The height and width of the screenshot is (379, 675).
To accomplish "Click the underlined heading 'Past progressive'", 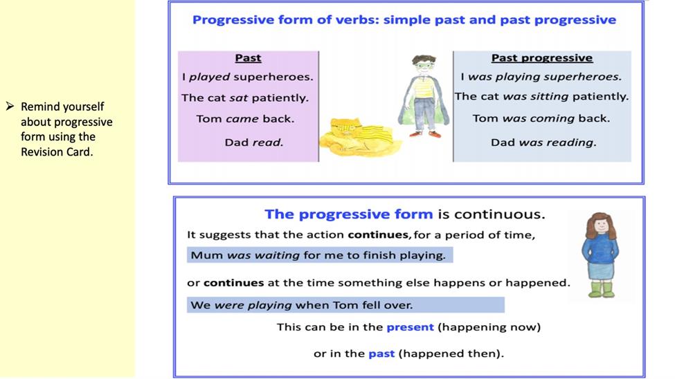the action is click(x=542, y=57).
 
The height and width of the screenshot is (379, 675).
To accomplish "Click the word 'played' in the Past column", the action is click(x=209, y=77).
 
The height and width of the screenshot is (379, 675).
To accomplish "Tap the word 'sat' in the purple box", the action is click(x=238, y=98).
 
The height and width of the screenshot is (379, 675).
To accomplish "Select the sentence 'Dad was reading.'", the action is click(x=543, y=142).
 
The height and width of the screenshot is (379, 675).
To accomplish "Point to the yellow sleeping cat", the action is click(x=358, y=137).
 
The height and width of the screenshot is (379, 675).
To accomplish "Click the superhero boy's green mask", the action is click(x=424, y=66).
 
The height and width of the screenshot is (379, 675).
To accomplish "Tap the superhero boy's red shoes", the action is click(x=425, y=134).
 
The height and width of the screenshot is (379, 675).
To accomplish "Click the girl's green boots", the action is click(x=602, y=289).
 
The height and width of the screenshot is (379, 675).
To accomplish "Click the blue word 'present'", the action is click(x=410, y=327).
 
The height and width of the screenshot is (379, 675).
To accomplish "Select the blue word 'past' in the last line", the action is click(x=381, y=353).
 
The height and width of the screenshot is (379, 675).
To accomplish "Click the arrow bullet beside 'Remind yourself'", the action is click(x=10, y=106).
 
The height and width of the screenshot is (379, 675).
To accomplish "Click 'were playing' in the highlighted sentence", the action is click(x=253, y=305).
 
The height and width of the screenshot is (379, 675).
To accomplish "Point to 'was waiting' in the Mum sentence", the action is click(x=264, y=255).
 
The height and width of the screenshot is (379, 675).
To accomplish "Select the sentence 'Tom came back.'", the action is click(x=245, y=119).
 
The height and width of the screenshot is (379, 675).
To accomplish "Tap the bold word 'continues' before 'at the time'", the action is click(x=234, y=283).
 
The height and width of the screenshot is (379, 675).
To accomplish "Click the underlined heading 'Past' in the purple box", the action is click(x=248, y=57).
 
